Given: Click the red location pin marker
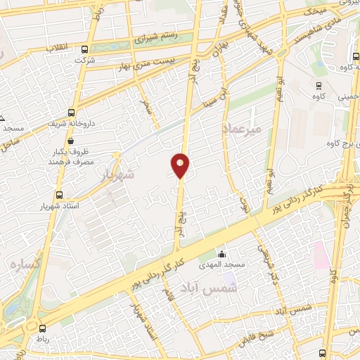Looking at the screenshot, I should pos(180,165).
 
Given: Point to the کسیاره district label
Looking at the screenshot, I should pos(23,264).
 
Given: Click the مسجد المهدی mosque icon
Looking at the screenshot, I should pos(223,254).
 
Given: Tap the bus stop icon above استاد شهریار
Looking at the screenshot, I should pos(58,195).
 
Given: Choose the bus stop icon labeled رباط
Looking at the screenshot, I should pos(42,328).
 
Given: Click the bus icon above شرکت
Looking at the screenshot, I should pos(85,49).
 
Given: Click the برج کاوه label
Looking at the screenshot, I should pos(335,144).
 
